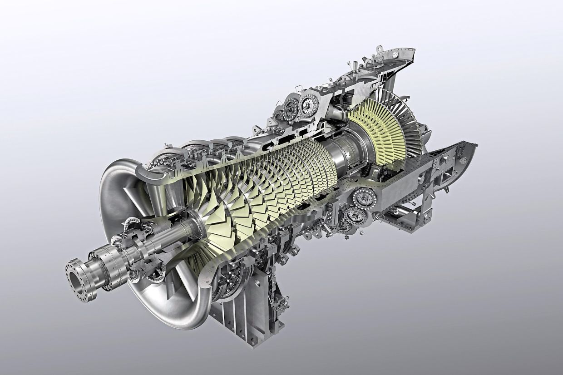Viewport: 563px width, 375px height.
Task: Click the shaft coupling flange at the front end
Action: [x=82, y=279]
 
